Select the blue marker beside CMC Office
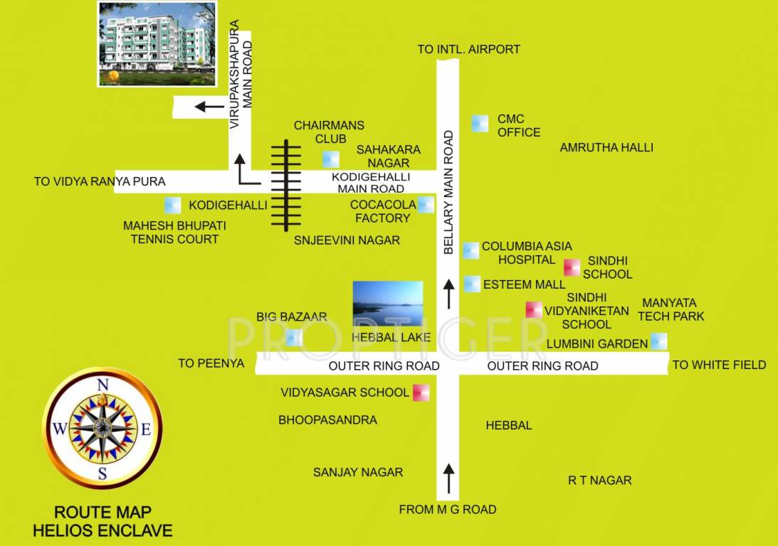point(480,123)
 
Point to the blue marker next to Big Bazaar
point(294,338)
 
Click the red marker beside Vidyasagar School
point(421,392)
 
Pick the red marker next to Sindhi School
point(572,267)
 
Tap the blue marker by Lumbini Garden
point(659,341)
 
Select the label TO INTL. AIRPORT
point(468,49)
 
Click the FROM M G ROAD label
point(447,509)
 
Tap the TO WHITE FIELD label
point(719,365)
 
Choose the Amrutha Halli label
point(606,148)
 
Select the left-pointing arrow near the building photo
point(209,107)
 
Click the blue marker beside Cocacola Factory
point(426,205)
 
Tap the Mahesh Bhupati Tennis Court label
point(174,232)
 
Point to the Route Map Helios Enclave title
point(103,521)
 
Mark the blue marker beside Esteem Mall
point(471,284)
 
